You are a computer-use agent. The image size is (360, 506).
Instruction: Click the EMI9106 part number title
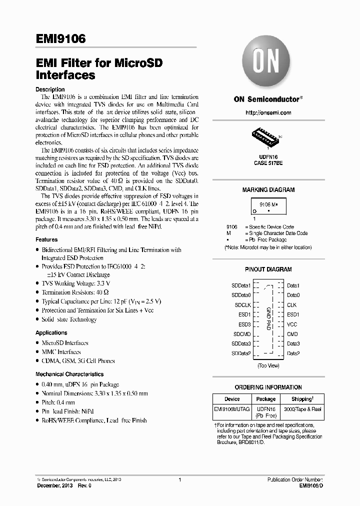point(60,38)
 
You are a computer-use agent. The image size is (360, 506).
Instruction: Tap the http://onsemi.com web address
point(268,113)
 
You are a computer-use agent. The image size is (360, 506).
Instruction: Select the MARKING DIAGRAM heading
point(268,190)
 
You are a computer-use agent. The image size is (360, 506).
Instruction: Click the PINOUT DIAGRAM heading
point(268,269)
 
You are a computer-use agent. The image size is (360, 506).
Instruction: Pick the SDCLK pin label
point(242,304)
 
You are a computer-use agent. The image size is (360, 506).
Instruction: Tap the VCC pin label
point(292,324)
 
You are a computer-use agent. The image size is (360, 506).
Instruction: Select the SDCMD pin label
point(241,334)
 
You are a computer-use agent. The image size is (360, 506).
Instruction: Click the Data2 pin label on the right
point(293,353)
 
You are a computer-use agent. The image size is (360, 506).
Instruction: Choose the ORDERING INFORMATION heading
point(268,387)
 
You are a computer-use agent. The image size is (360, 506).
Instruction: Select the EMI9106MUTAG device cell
point(232,409)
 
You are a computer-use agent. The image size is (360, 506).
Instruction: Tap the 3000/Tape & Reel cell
point(303,409)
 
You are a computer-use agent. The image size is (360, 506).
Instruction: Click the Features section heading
point(46,240)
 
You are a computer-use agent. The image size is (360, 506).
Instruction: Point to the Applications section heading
point(51,333)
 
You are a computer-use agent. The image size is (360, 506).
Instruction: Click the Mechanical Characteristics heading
point(69,374)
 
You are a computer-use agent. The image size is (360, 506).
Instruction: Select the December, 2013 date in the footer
point(54,485)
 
